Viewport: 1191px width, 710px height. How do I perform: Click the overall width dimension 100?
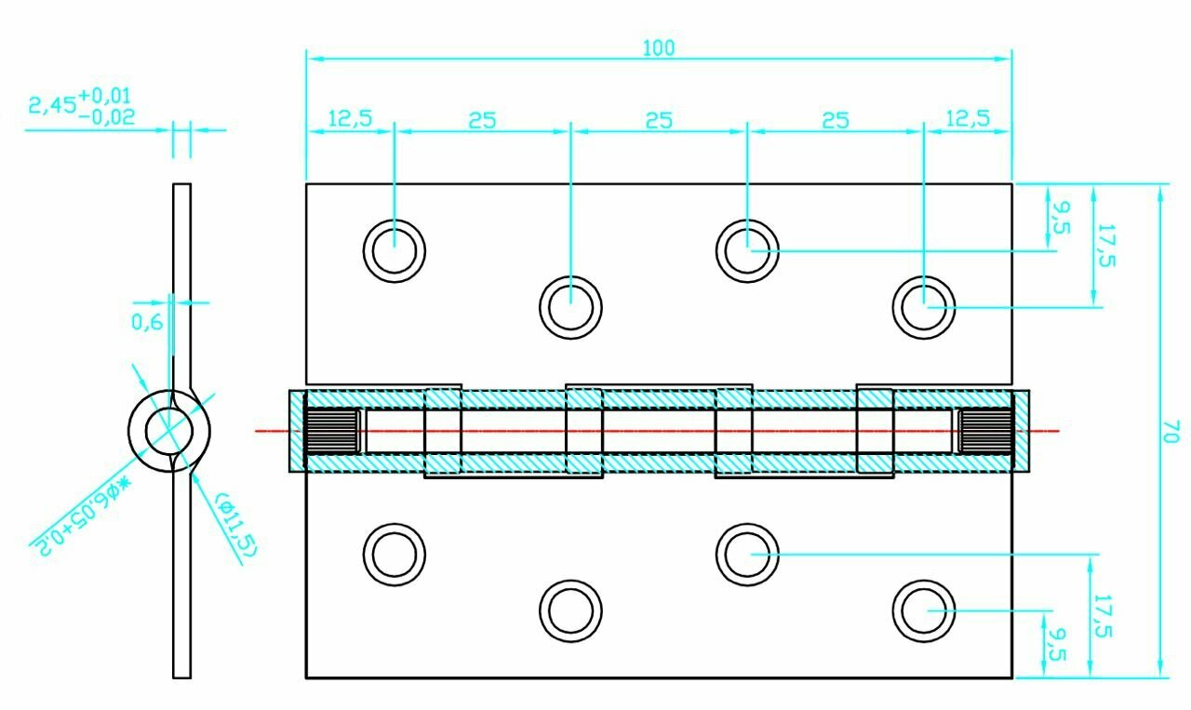[x=659, y=48]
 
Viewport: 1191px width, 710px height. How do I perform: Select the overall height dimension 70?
[x=1170, y=431]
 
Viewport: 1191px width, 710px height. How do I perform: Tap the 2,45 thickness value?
[x=52, y=104]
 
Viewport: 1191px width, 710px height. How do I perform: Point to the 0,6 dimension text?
[x=147, y=322]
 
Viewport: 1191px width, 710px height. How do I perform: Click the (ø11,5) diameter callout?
[x=234, y=524]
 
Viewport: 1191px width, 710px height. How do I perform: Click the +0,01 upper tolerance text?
[x=105, y=95]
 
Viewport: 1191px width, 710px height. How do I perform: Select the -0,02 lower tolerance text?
[x=107, y=117]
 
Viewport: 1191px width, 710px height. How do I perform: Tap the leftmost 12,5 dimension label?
[x=349, y=118]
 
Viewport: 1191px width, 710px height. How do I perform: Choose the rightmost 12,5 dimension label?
[x=967, y=118]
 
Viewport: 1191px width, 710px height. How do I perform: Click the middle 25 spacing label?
[x=659, y=120]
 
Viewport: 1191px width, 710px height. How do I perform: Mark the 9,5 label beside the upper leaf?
[x=1060, y=216]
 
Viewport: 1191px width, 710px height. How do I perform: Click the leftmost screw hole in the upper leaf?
[x=394, y=249]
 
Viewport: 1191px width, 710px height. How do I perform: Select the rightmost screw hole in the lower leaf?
[x=924, y=611]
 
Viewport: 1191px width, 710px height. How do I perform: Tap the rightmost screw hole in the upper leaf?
[x=924, y=306]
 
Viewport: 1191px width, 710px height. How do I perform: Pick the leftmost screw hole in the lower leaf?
[x=394, y=555]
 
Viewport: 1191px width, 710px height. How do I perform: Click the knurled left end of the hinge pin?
[x=332, y=432]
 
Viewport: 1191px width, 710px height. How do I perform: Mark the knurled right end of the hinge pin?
[x=984, y=432]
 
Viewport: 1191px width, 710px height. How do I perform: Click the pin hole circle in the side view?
[x=168, y=431]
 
